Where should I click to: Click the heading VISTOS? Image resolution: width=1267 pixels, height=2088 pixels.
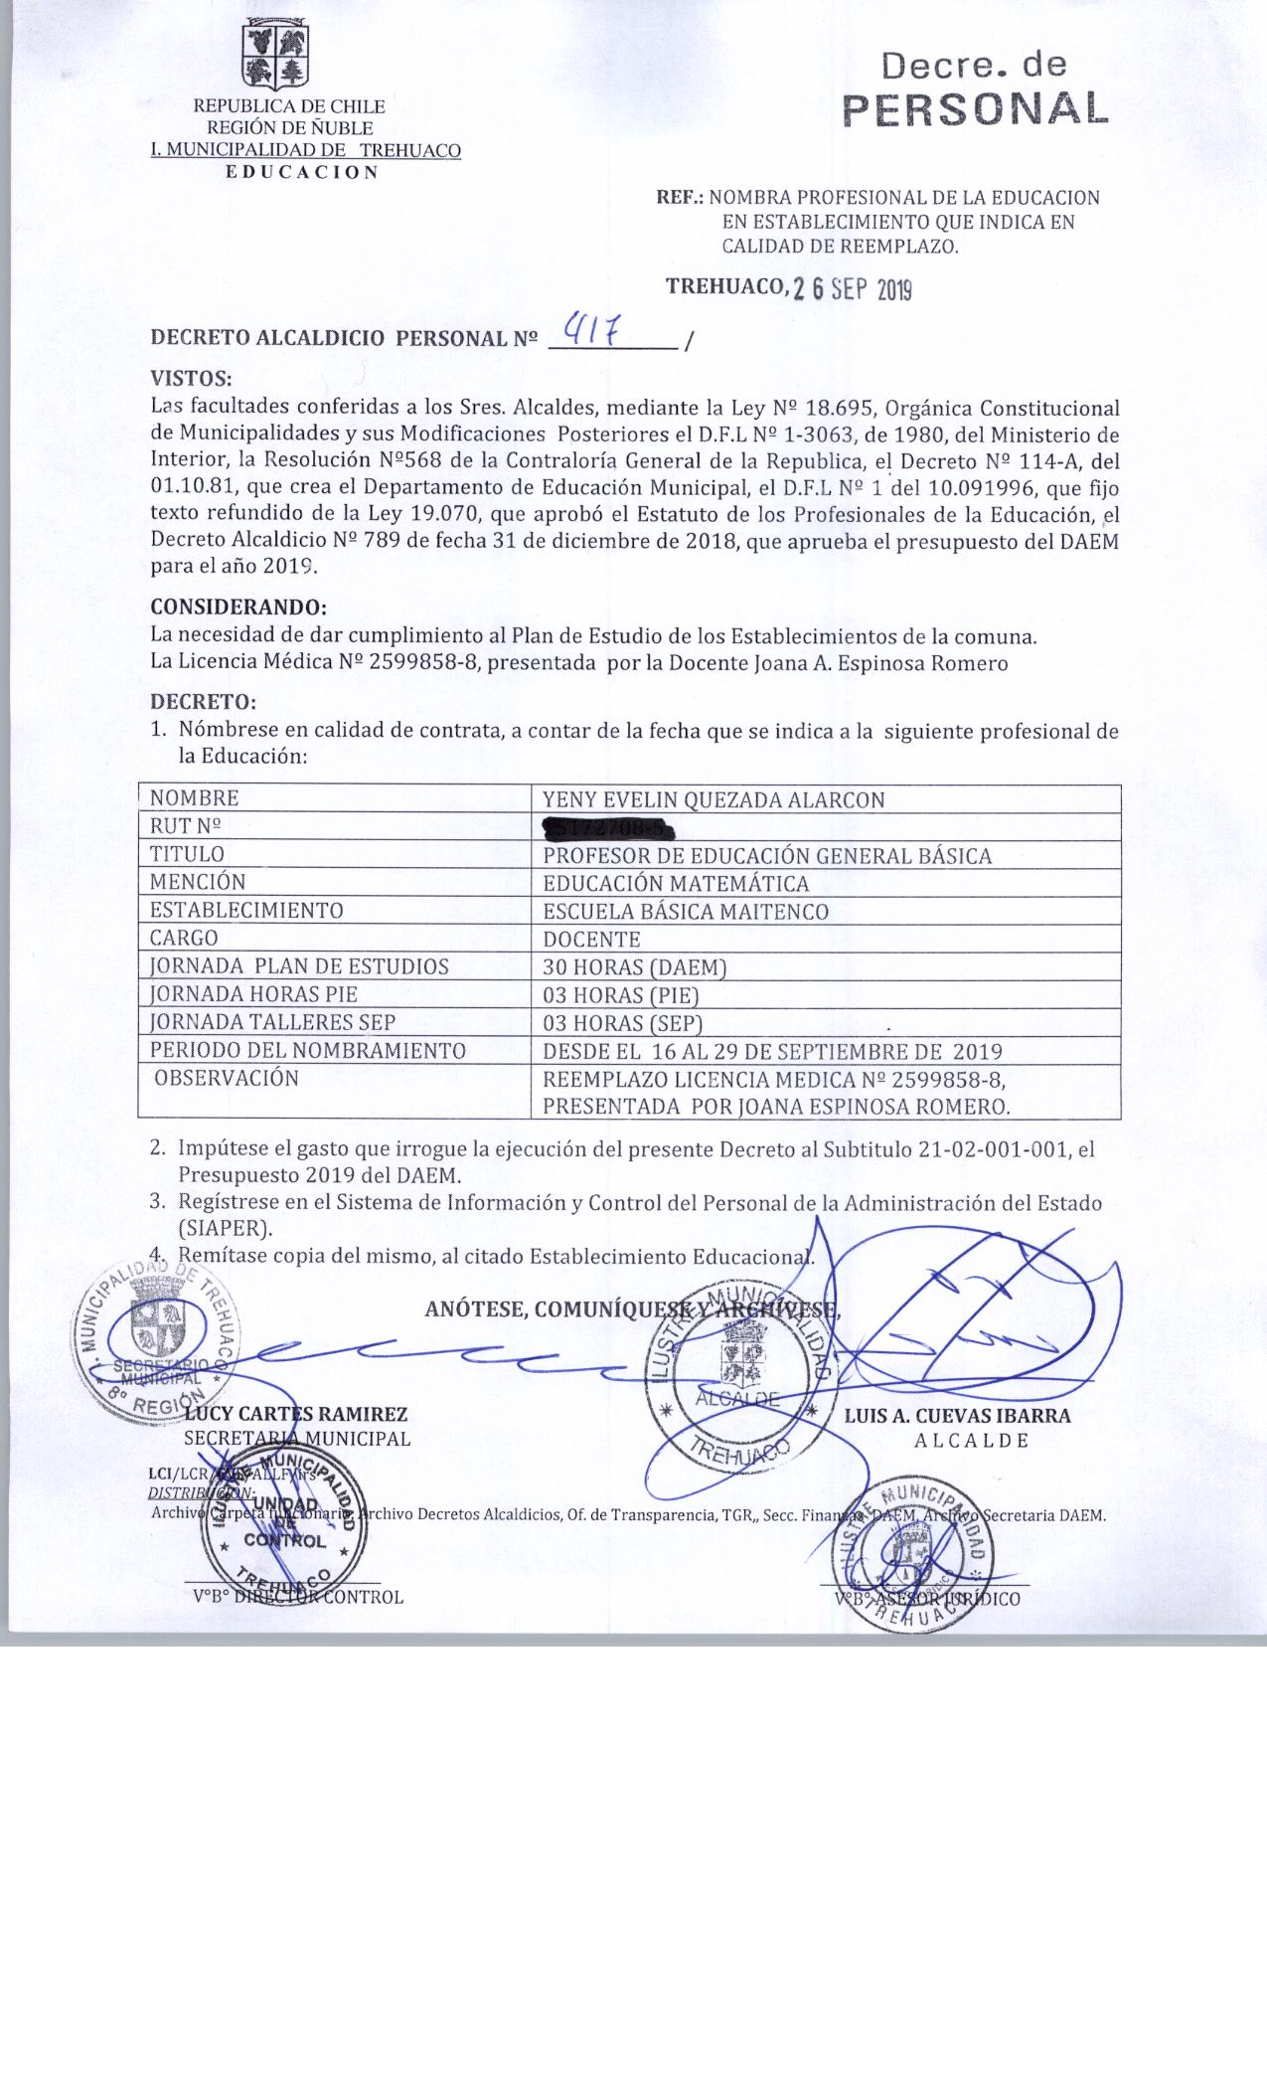point(191,379)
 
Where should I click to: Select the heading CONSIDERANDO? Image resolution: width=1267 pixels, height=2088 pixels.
point(238,606)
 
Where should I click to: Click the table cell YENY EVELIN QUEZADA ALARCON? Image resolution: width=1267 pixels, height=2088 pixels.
point(713,799)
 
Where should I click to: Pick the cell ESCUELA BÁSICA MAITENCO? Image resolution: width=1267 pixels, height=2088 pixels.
point(686,911)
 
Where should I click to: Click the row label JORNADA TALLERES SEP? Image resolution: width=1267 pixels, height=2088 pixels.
point(272,1022)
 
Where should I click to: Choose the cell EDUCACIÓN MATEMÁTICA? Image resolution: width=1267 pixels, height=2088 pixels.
point(676,883)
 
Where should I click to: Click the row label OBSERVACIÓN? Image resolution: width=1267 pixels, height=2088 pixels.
point(227,1078)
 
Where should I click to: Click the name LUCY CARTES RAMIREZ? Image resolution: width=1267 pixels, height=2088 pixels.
point(296,1414)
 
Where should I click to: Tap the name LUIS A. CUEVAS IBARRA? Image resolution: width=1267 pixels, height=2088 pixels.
point(958,1416)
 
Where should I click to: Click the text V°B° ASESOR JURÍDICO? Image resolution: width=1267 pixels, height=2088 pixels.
point(927,1599)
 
